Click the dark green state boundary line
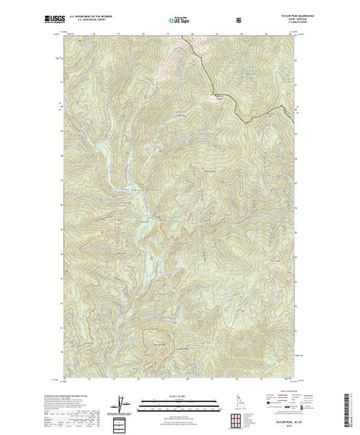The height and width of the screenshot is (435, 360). (228, 97)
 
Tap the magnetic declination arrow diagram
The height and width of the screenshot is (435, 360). (123, 403)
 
